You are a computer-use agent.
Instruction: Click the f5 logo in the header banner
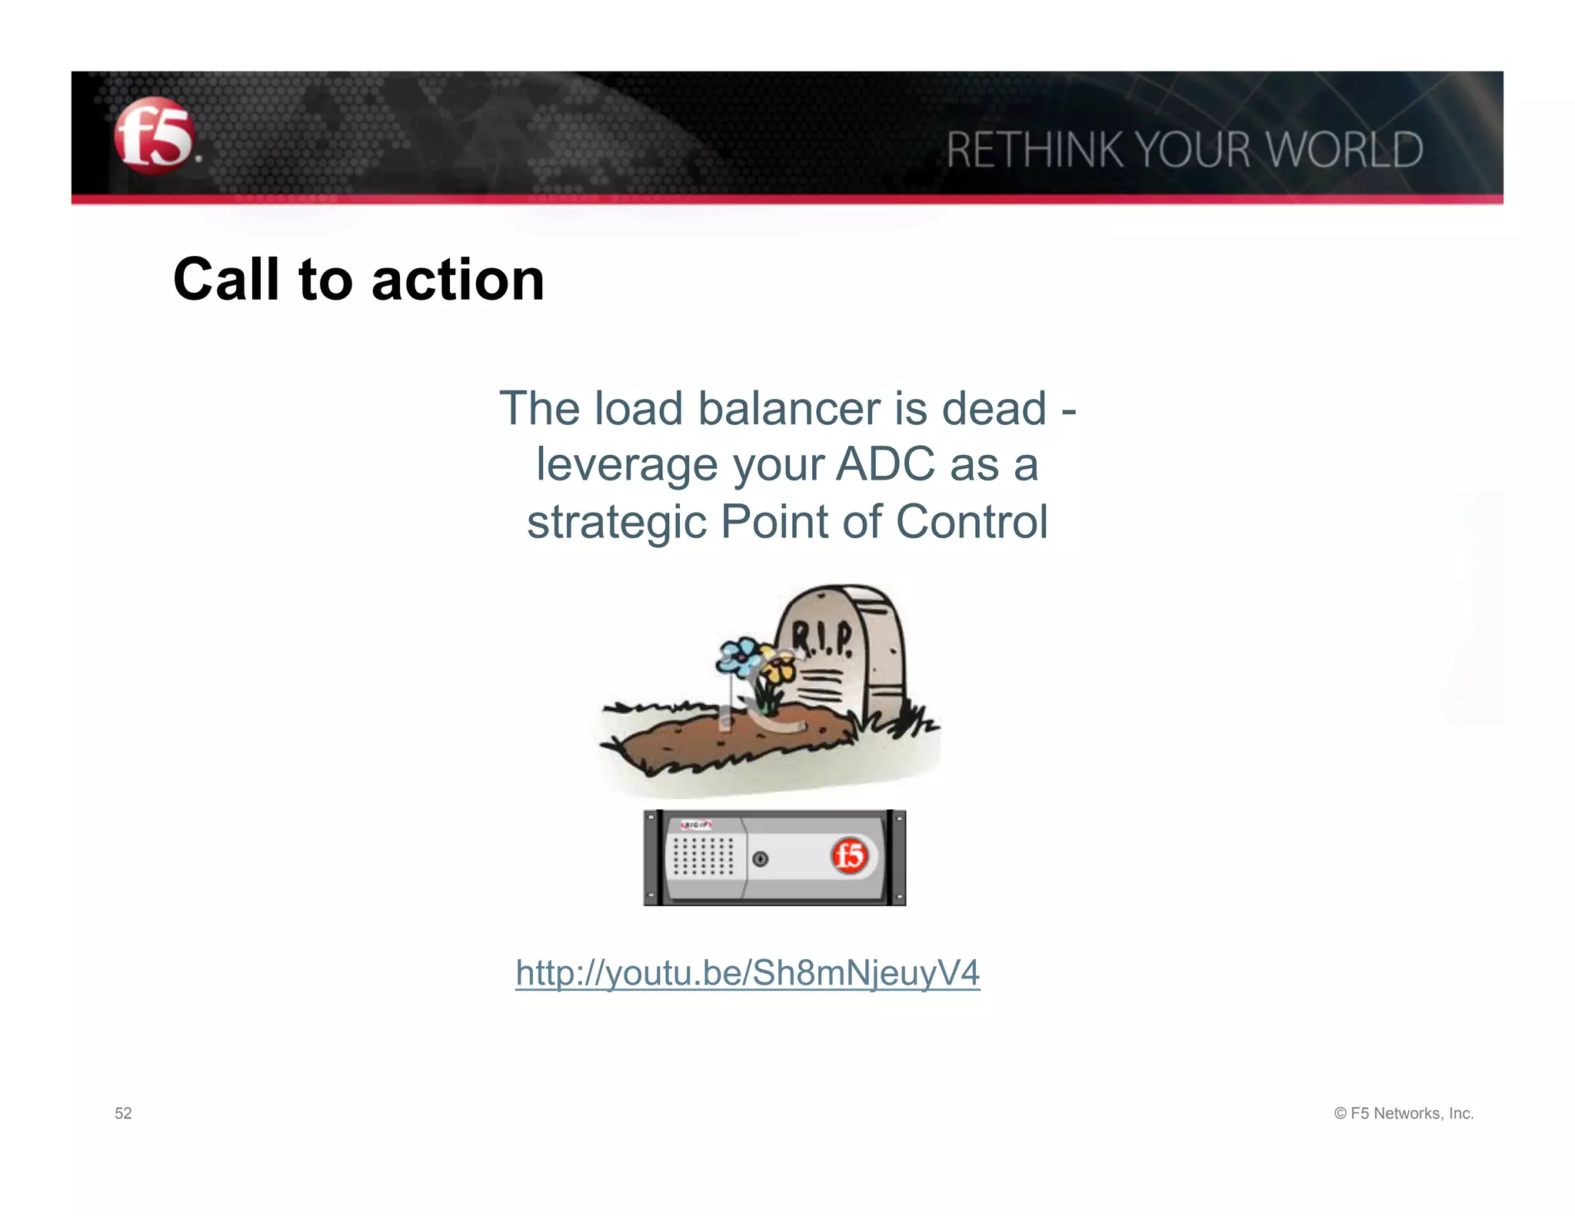(x=153, y=136)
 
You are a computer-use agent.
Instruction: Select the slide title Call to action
(x=358, y=279)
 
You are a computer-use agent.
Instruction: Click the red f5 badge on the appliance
(x=850, y=856)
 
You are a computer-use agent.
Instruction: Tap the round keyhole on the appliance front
(x=760, y=859)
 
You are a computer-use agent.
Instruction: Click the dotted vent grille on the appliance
(x=703, y=856)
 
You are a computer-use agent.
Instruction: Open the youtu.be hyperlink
(x=748, y=972)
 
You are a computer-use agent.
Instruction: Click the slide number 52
(x=123, y=1113)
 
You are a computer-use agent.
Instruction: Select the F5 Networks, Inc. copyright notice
(x=1404, y=1113)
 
